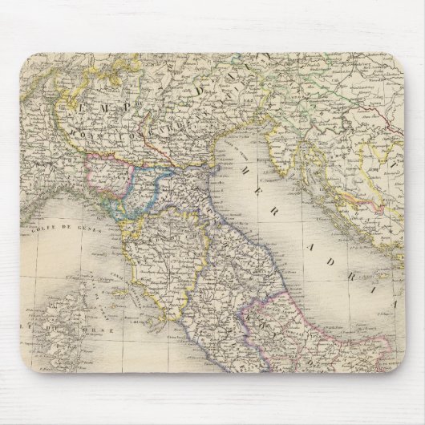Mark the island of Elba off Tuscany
coord(120,297)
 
